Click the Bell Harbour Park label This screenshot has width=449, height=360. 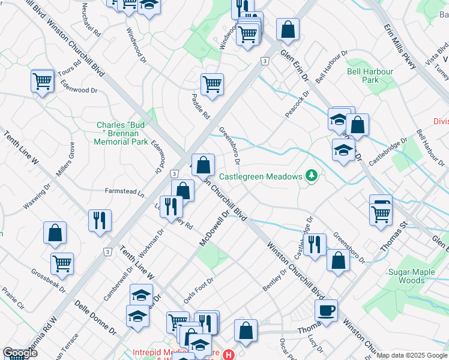coord(370,76)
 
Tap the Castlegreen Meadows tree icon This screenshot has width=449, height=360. coord(312,175)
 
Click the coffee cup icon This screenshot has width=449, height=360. coord(326,310)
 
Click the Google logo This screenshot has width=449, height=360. coord(20,353)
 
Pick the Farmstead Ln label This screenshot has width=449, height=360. coord(125,194)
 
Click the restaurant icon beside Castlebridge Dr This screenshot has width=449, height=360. coord(315,244)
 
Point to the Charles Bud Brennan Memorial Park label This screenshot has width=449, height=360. coord(121,133)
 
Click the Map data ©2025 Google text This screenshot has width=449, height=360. coord(412,355)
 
